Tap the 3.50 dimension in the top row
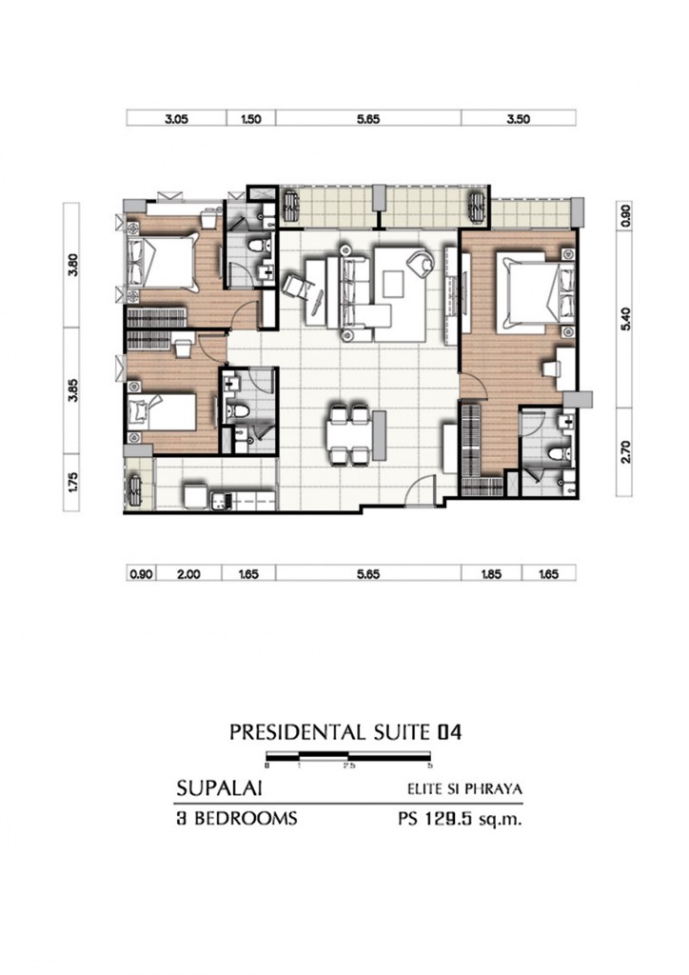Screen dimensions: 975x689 519,119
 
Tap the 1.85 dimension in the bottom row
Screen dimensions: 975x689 492,574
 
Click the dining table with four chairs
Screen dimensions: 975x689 348,435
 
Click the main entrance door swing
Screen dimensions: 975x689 419,490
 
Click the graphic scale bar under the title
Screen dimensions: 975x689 349,760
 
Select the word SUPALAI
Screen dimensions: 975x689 220,788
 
